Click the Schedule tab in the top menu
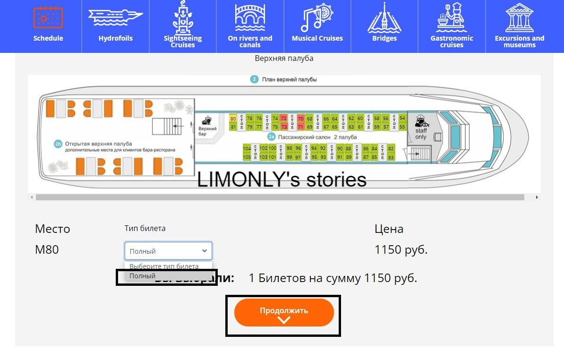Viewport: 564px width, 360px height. point(48,26)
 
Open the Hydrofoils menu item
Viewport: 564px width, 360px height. point(115,26)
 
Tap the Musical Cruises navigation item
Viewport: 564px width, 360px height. point(317,26)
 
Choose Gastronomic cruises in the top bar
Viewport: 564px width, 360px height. point(452,26)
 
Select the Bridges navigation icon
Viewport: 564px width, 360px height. point(384,26)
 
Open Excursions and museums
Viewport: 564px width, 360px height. point(519,26)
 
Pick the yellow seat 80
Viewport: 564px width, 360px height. point(233,119)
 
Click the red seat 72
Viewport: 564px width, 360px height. point(283,118)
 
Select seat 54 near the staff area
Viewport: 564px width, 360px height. point(402,118)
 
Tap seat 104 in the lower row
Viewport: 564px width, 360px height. point(247,149)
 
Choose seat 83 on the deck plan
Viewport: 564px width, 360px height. point(391,157)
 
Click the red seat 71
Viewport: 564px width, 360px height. point(300,127)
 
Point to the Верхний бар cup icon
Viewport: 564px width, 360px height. point(207,120)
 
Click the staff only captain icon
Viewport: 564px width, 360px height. point(420,122)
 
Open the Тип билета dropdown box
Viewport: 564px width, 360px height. point(168,251)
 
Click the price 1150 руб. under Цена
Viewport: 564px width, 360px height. point(401,249)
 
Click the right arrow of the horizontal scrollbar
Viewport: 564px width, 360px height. point(537,197)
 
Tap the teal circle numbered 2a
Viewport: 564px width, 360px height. point(271,137)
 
